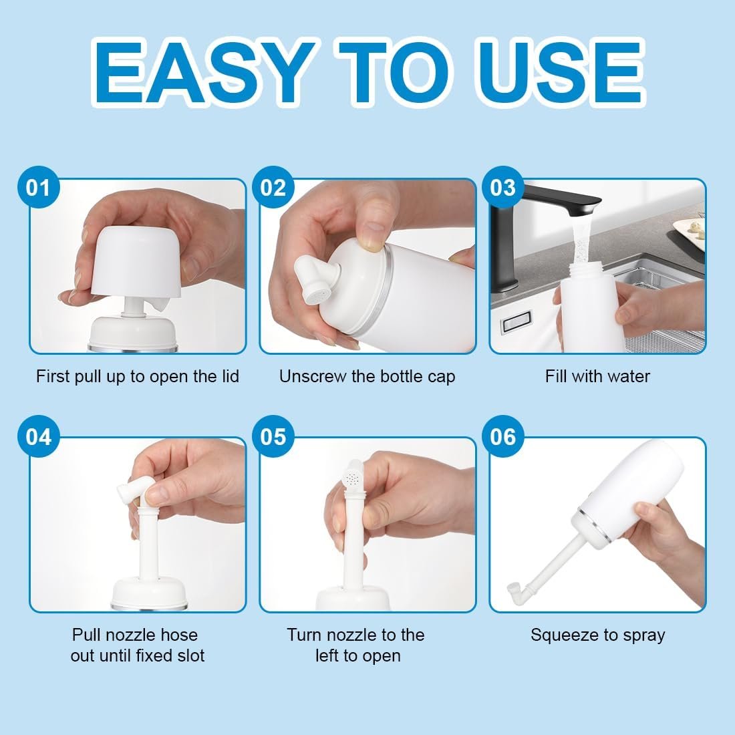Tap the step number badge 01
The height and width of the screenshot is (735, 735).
point(38,187)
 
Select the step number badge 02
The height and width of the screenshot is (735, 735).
point(273,187)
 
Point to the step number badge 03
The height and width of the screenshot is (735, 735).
point(503,187)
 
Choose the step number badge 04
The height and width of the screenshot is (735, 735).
point(38,436)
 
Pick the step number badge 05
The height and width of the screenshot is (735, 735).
point(273,436)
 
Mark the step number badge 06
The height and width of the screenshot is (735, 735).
point(503,436)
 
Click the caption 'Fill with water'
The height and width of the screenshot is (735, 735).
point(597,376)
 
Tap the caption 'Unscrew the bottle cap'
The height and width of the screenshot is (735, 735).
point(367,376)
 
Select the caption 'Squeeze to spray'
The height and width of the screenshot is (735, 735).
point(597,635)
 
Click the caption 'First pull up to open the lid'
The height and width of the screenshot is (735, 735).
point(138,376)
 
